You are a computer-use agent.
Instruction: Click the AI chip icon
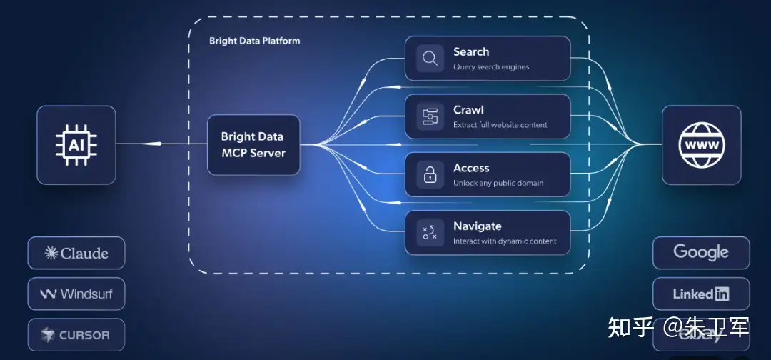tap(76, 145)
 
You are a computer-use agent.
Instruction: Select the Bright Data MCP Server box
tap(253, 145)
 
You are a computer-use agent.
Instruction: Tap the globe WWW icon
tap(702, 145)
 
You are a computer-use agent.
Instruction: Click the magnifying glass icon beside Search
tap(430, 59)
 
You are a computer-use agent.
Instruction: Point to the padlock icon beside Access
tap(430, 175)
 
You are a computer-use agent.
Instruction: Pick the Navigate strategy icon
tap(430, 233)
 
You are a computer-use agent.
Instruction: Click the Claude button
tap(76, 253)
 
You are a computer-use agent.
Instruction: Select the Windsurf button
tap(76, 294)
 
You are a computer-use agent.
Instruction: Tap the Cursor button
tap(76, 334)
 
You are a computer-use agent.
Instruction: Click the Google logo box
tap(701, 253)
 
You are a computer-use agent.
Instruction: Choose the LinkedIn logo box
tap(701, 294)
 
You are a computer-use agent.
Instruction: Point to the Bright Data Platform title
tap(254, 41)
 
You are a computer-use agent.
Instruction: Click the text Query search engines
tap(491, 67)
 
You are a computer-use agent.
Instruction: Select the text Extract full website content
tap(500, 125)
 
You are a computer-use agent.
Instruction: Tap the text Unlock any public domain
tap(498, 184)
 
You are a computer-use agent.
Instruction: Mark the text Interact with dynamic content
tap(505, 241)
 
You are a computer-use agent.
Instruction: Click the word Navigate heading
tap(477, 226)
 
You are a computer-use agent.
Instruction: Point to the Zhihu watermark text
tap(678, 328)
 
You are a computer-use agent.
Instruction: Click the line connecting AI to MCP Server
tap(161, 144)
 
